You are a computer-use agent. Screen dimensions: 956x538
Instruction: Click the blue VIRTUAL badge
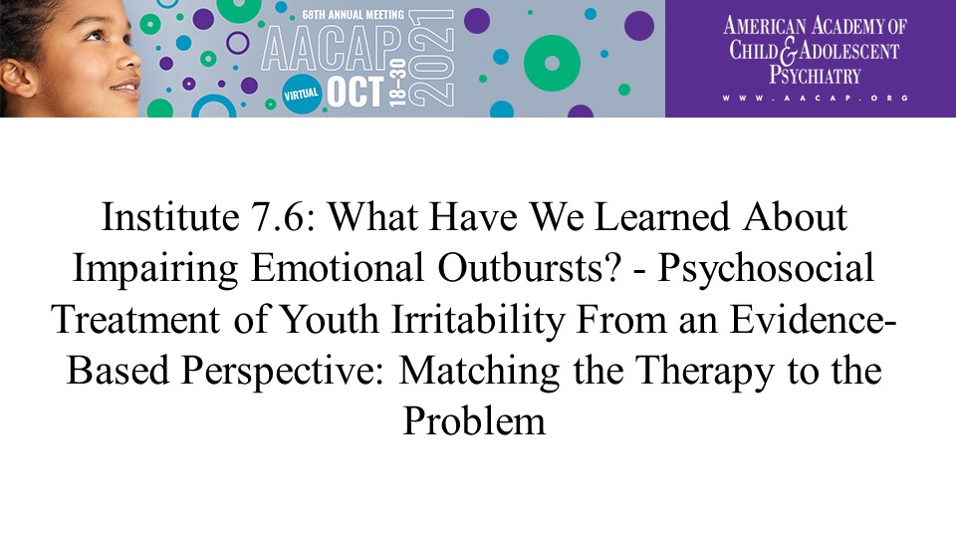coord(301,94)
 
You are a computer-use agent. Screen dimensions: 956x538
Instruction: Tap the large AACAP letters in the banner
coord(332,48)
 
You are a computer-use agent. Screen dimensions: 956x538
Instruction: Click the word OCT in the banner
coord(356,92)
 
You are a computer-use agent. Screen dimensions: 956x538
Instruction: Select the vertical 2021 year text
coord(431,59)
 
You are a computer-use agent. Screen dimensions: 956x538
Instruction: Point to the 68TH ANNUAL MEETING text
coord(353,15)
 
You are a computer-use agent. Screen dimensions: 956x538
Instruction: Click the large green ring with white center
coord(552,64)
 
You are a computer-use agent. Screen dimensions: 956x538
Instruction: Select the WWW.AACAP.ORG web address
coord(816,99)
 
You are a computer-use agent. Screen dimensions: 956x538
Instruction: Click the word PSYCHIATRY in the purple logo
coord(815,75)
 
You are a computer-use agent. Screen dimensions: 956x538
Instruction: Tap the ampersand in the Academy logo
coord(788,51)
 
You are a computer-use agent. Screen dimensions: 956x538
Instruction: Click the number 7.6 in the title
coord(283,217)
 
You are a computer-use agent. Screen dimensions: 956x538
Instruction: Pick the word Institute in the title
coord(170,217)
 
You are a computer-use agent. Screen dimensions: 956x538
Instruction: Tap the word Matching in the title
coord(479,372)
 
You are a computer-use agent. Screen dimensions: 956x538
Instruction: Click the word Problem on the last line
coord(474,422)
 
